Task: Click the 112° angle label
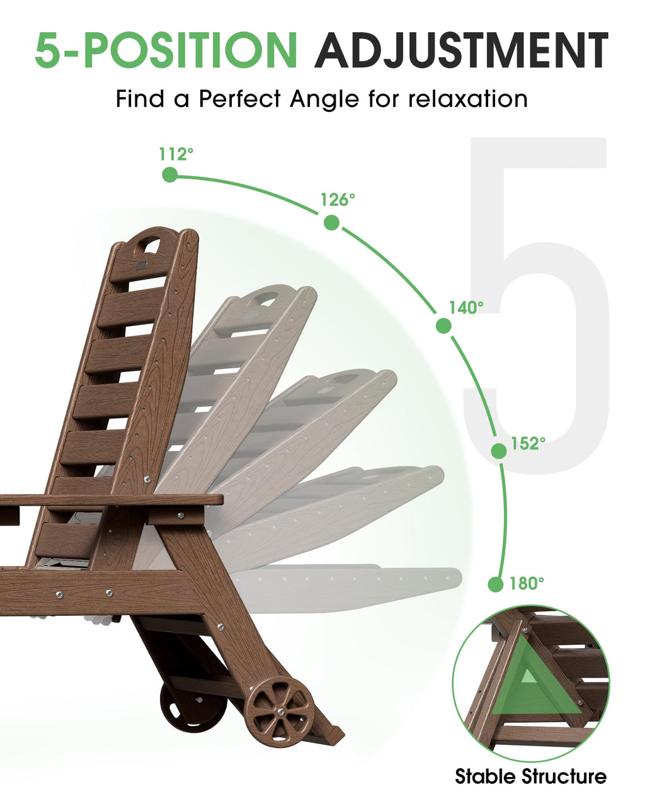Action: pos(176,154)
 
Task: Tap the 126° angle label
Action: pos(338,200)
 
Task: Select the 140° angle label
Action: pos(466,307)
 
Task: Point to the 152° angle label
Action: pos(528,443)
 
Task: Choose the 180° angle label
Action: pos(527,583)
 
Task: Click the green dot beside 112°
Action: pos(170,174)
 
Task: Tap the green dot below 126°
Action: pos(331,222)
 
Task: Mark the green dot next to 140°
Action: pos(443,326)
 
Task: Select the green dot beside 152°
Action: pos(499,451)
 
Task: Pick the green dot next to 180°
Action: pos(496,584)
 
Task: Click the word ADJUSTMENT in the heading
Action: pos(461,50)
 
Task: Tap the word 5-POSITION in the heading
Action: pos(166,50)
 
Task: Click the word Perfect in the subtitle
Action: pos(239,99)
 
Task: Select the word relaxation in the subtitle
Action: pos(467,99)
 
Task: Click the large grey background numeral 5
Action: pos(536,305)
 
